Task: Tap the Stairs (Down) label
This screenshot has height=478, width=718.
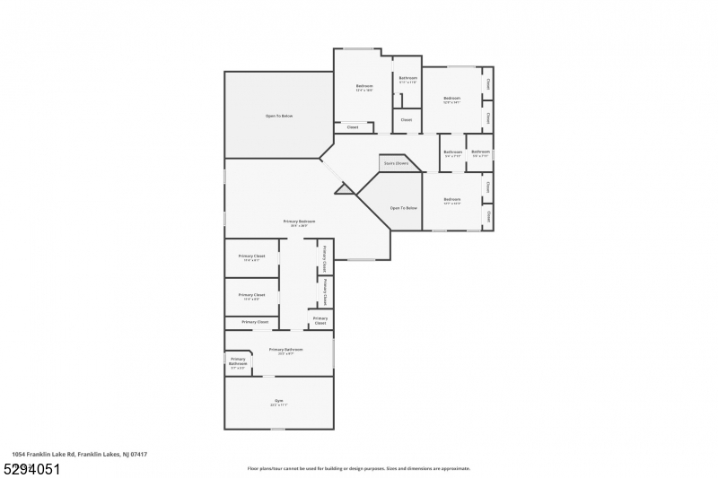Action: click(396, 163)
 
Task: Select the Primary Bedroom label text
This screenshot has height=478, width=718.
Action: click(300, 222)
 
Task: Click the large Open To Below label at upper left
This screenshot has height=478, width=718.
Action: click(278, 116)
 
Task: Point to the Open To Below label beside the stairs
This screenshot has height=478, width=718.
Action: click(403, 208)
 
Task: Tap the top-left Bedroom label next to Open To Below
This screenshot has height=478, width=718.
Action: click(364, 87)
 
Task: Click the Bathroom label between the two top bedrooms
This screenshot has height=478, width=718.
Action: click(408, 80)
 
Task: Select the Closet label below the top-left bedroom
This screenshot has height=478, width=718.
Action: click(353, 127)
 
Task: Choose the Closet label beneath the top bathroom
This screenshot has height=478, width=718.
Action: click(406, 119)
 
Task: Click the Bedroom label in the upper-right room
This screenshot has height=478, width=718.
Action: click(451, 99)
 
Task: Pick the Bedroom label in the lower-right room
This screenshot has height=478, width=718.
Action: click(451, 200)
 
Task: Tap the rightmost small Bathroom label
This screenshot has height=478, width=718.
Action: click(480, 153)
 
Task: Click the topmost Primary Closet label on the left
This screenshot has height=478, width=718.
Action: click(251, 257)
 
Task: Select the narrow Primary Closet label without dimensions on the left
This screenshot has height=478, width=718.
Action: click(255, 321)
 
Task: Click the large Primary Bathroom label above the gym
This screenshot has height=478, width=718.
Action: click(285, 351)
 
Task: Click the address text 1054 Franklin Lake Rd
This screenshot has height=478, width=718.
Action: click(80, 455)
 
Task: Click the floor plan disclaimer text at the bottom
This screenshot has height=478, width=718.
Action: click(358, 468)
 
